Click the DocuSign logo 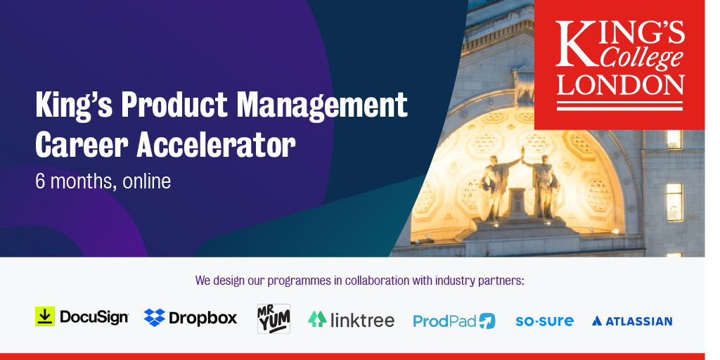82,317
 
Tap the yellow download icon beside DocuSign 45,316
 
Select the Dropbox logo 191,318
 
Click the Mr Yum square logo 274,319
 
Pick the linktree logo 351,320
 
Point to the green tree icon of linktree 317,319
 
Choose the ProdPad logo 454,321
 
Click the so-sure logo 544,321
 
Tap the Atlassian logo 631,321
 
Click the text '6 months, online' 103,181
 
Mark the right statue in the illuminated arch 543,184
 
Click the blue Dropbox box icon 155,318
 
